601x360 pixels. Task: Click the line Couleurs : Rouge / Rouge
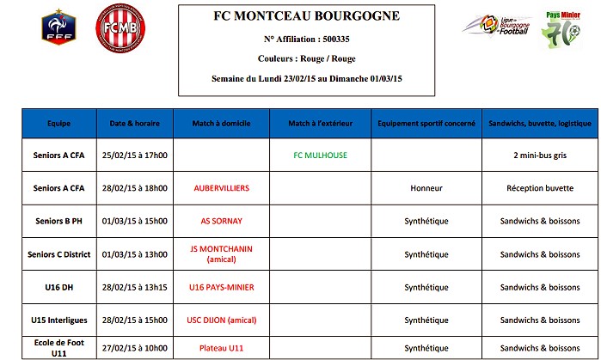[308, 58]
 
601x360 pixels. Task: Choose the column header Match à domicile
[221, 124]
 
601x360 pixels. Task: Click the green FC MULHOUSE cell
[319, 156]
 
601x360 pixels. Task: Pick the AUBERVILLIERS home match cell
[221, 188]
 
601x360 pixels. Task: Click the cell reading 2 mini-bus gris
[541, 156]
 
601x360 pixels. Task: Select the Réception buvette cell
[541, 188]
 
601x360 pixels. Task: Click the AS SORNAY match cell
[221, 221]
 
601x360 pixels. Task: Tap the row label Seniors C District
[58, 253]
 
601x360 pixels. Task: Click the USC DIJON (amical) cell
[221, 319]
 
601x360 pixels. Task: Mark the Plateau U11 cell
[221, 348]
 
